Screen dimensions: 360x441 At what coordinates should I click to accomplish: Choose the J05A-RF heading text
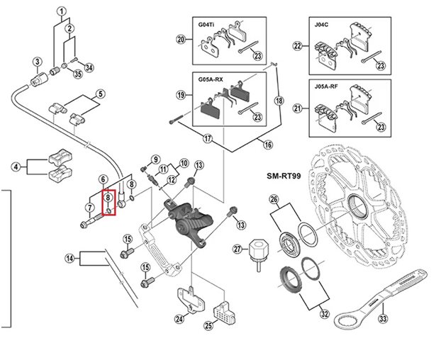[x=326, y=88]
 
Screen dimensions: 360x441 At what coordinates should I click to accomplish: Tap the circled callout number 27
[x=239, y=249]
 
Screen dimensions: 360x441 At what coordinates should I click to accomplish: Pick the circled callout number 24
[x=179, y=319]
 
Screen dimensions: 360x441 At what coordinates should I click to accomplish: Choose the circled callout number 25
[x=208, y=326]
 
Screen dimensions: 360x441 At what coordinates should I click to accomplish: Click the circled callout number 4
[x=16, y=168]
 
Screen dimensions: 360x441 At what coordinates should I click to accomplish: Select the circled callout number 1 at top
[x=62, y=11]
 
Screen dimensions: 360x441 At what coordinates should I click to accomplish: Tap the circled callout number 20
[x=181, y=40]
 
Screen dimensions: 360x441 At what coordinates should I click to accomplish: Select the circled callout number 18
[x=279, y=101]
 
